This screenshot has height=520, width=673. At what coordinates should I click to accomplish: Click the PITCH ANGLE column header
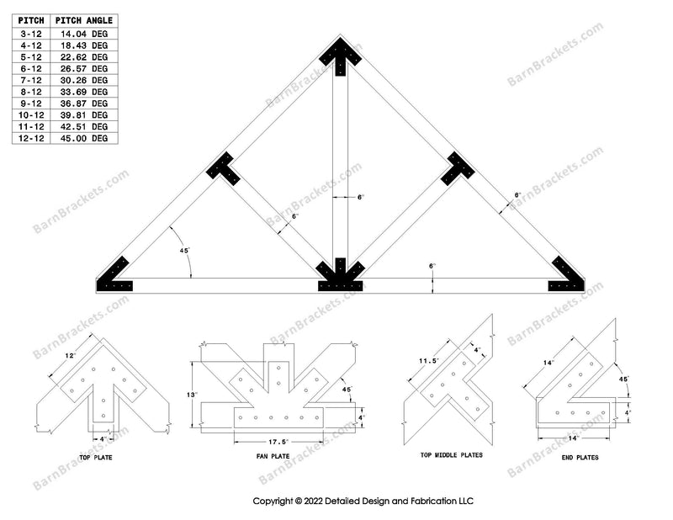pos(83,20)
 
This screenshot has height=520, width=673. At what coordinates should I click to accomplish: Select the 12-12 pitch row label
pos(31,137)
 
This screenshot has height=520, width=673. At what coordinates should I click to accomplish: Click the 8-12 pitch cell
pos(31,91)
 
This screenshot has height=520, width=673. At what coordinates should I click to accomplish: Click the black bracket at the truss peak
pos(340,55)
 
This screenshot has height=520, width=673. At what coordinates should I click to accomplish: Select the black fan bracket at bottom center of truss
pos(340,276)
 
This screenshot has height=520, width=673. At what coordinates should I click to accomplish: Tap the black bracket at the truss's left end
pos(116,276)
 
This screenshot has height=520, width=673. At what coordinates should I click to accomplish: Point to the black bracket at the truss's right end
pos(567,276)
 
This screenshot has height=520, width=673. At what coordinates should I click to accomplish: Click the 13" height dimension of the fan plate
pos(193,395)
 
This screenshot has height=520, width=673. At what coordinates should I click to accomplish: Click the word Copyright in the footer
pos(276,501)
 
